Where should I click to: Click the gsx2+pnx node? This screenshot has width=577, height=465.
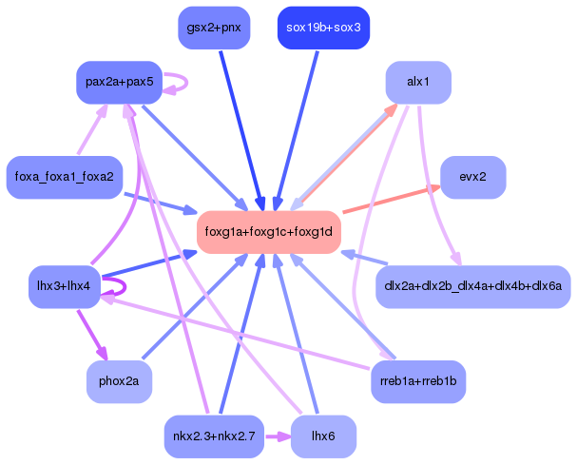[214, 28]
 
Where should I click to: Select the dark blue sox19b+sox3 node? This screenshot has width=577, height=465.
[322, 28]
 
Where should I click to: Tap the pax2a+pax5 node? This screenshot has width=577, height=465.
[119, 82]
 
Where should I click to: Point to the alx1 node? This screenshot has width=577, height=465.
[417, 82]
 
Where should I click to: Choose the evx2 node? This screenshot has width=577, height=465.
[472, 177]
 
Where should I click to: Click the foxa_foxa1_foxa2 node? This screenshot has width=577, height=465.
[64, 177]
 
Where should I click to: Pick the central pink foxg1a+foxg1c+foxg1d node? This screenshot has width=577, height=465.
[269, 232]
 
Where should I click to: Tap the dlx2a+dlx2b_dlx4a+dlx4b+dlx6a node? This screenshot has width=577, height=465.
[472, 285]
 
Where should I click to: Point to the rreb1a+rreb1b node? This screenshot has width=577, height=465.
[418, 381]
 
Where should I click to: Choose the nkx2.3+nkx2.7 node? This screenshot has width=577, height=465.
[214, 436]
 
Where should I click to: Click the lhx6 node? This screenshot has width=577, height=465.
[323, 436]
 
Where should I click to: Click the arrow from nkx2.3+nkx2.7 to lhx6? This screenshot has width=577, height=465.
[277, 436]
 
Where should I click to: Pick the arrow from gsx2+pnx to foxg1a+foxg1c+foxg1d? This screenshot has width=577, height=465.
[239, 128]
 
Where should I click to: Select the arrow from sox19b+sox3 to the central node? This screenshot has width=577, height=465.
[297, 128]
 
